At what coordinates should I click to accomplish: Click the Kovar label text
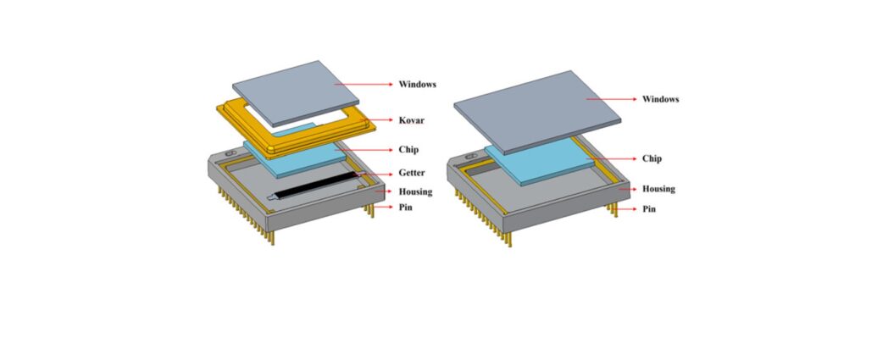(x=411, y=120)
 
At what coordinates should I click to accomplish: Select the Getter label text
(x=412, y=173)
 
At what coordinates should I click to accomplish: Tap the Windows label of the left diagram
(x=417, y=85)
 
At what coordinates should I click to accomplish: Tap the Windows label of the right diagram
(x=661, y=99)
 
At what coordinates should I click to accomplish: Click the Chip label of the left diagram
(x=408, y=150)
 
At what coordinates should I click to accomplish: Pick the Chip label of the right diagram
(x=652, y=158)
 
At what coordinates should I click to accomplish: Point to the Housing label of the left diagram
(x=415, y=191)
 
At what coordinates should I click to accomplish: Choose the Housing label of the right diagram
(x=658, y=189)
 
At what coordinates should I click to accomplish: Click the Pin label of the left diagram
(x=406, y=208)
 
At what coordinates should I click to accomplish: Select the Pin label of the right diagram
(x=649, y=209)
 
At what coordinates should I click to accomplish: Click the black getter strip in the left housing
(x=316, y=186)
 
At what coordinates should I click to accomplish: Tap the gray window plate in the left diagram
(x=296, y=93)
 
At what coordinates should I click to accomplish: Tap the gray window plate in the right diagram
(x=537, y=112)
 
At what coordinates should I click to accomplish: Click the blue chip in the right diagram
(x=538, y=162)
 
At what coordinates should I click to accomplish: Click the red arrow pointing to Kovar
(x=377, y=120)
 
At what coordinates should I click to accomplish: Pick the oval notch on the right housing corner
(x=471, y=157)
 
